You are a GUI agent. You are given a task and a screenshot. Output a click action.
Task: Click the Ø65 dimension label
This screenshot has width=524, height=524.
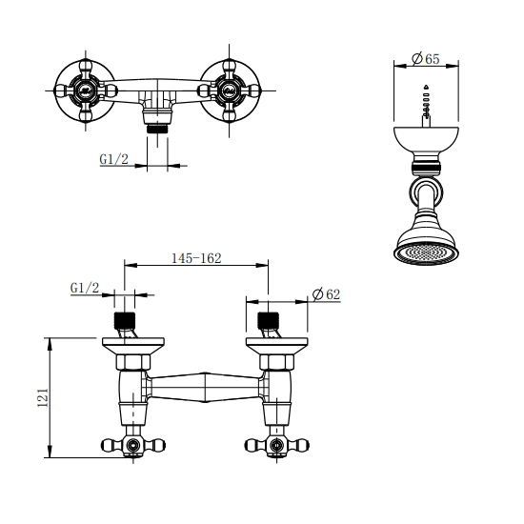pos(426,59)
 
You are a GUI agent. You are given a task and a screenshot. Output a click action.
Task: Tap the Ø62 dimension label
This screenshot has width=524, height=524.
pos(326,294)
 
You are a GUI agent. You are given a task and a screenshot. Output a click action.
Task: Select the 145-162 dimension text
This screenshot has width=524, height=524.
pos(196,258)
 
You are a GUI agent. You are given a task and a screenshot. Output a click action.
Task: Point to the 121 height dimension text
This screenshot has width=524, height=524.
pos(43,397)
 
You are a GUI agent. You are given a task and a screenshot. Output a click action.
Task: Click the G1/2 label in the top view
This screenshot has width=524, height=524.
pos(114,159)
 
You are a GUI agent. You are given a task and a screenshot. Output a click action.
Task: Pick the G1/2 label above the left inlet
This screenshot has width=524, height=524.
pos(85,288)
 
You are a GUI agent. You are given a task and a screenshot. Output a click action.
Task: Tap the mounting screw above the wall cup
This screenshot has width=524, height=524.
pos(426,107)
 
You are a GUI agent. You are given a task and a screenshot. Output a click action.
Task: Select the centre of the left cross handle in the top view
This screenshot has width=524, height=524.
pos(86,90)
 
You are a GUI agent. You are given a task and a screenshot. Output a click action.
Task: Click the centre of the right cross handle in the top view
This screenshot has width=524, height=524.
pos(229,90)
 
